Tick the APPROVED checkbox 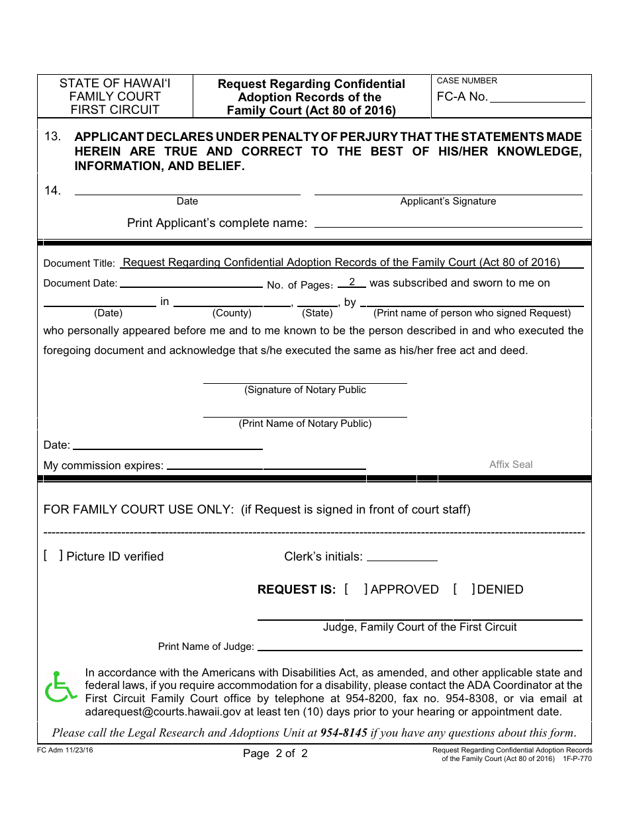[x=356, y=589]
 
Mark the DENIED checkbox [x=463, y=589]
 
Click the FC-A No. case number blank [x=537, y=98]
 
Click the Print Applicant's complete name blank [x=448, y=224]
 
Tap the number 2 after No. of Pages [x=352, y=283]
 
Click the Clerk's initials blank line [x=402, y=558]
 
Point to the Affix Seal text [x=510, y=465]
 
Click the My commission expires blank [x=266, y=466]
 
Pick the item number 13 [x=53, y=136]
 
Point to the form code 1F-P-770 [x=577, y=758]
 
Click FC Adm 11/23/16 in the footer [x=66, y=750]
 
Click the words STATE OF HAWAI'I [x=115, y=83]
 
